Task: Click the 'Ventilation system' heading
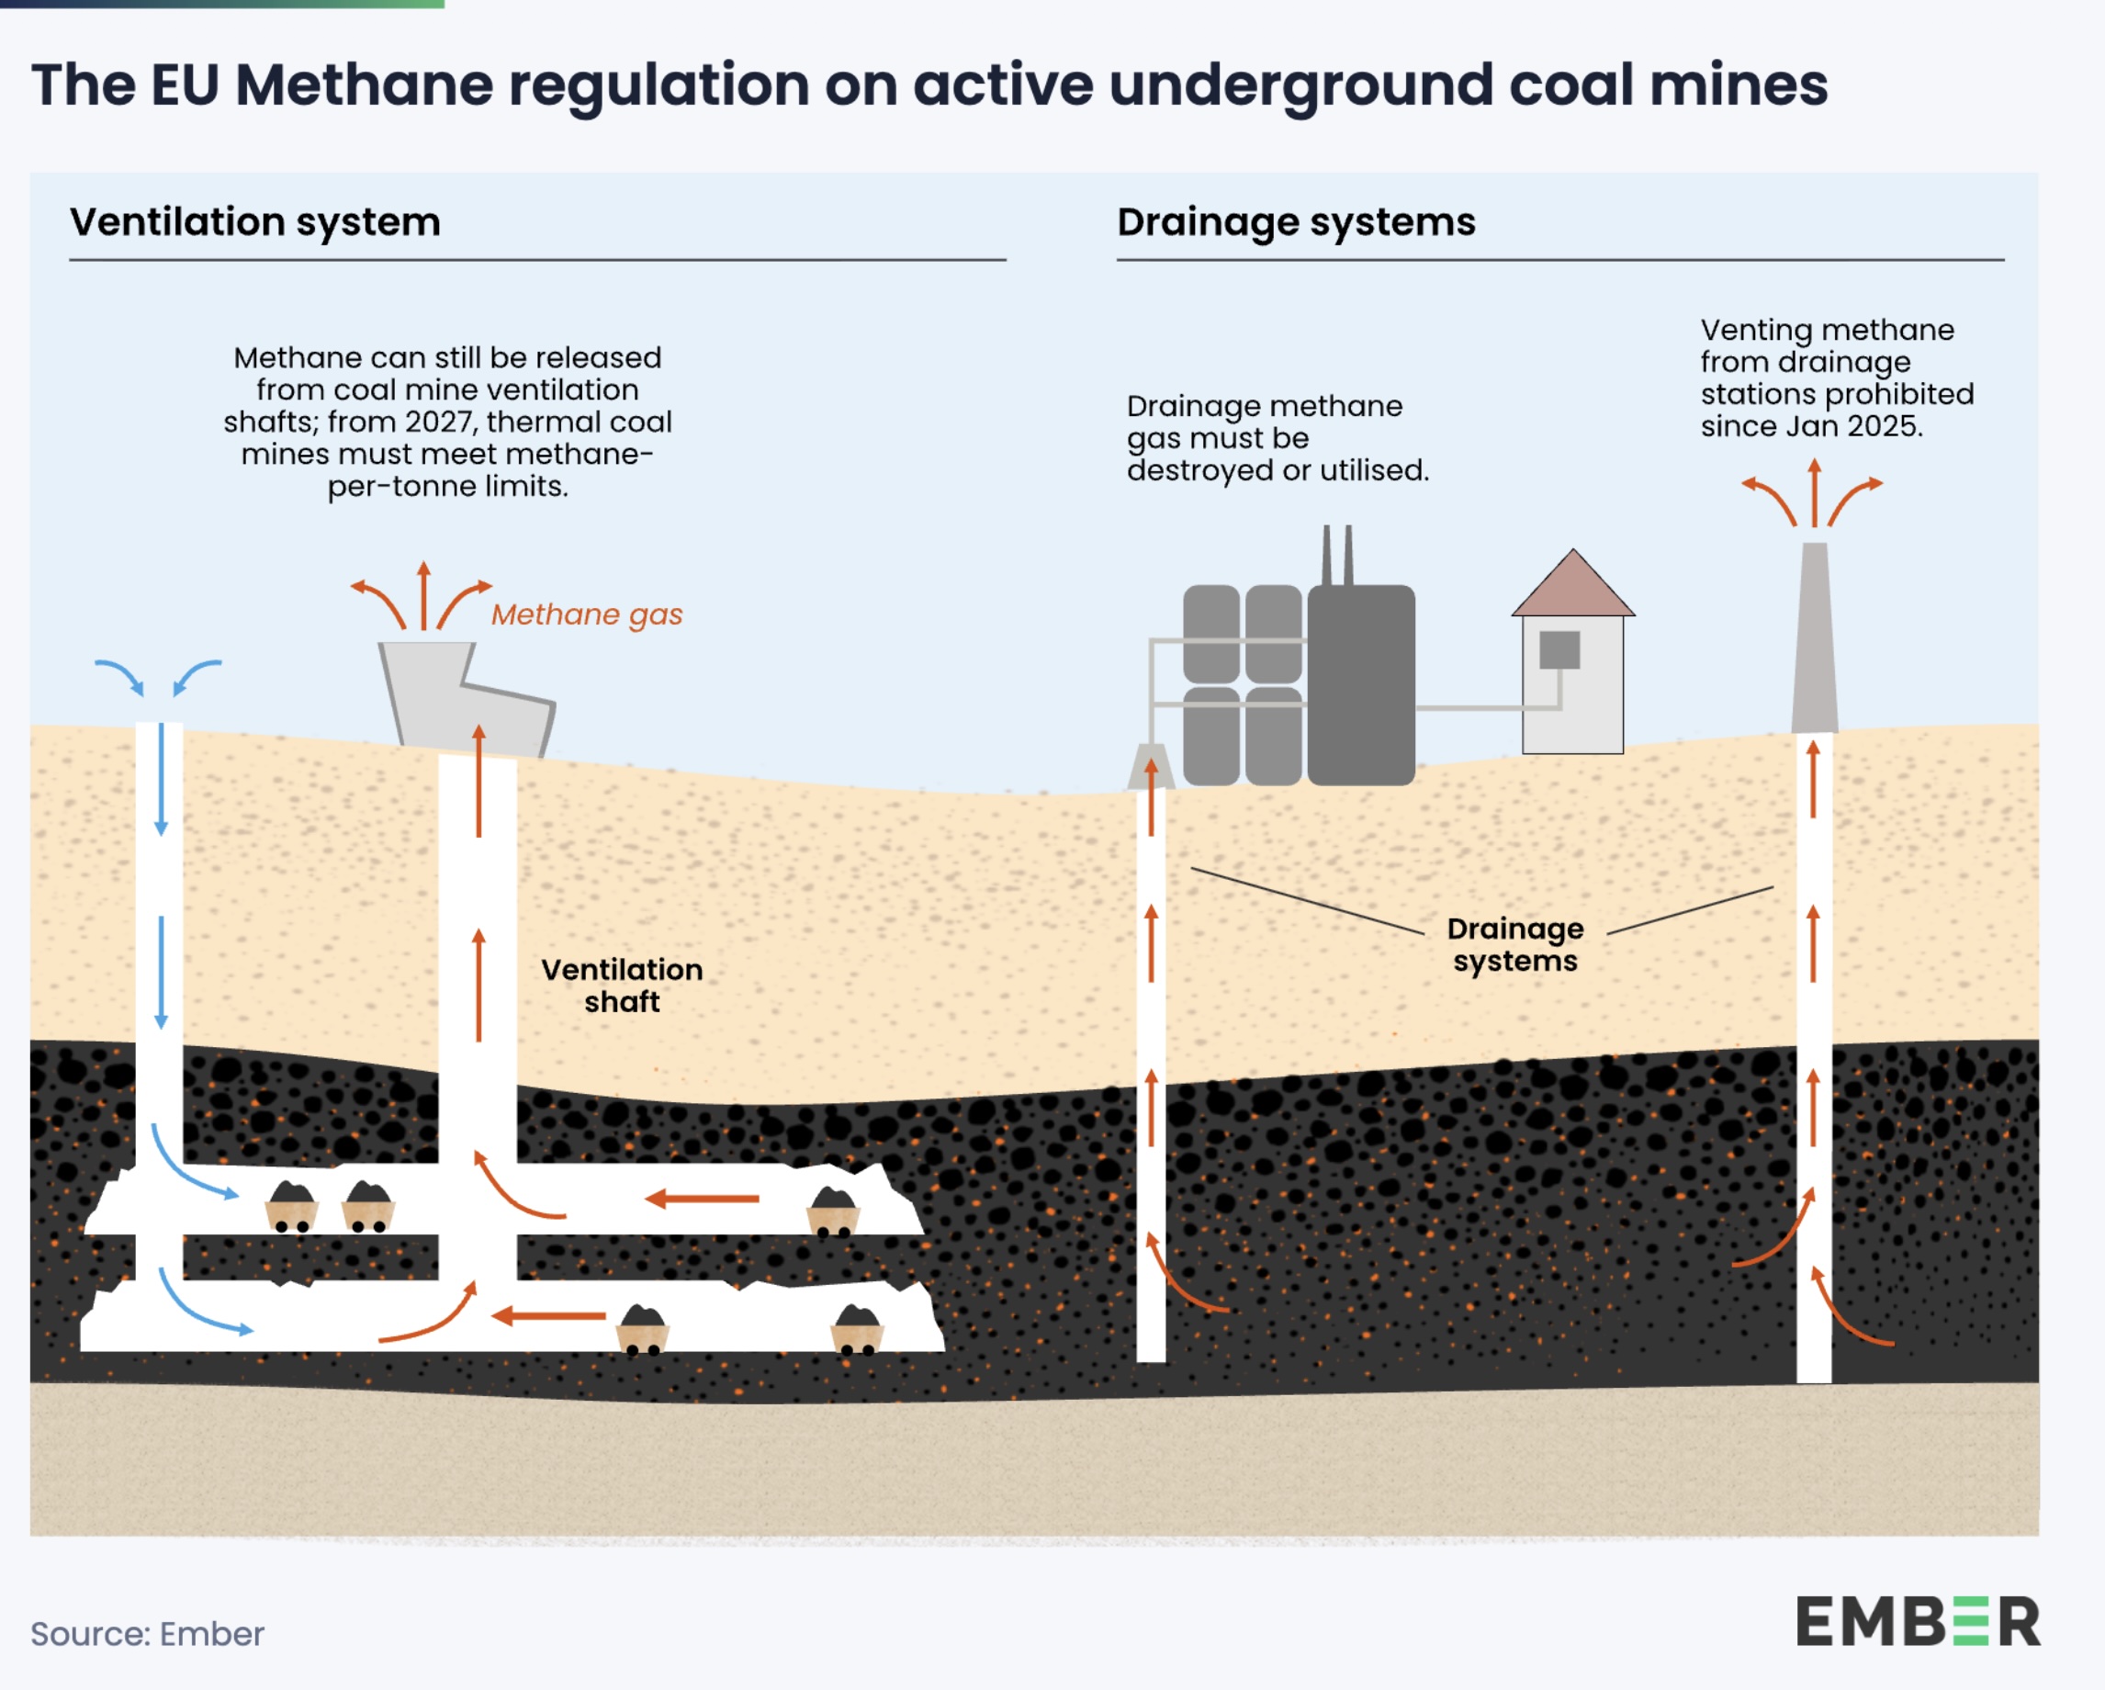[254, 222]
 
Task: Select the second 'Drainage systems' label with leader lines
[1514, 944]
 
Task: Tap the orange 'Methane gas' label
[587, 615]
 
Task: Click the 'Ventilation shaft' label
[622, 986]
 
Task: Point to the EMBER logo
[1918, 1622]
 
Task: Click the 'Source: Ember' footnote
[148, 1633]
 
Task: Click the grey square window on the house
[1559, 649]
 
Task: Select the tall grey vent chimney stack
[1814, 639]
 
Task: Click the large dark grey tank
[1361, 683]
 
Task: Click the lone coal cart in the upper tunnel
[833, 1211]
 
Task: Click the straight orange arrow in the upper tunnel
[702, 1198]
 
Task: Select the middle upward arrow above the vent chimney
[1814, 493]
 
